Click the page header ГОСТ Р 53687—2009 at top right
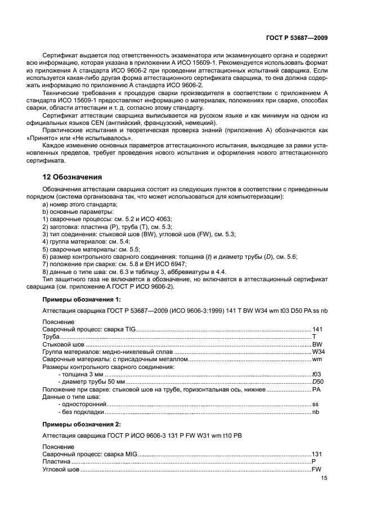[x=298, y=37]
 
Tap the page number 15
[x=324, y=478]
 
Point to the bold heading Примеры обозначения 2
[x=81, y=424]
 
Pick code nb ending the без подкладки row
[x=316, y=412]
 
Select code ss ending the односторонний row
[x=316, y=404]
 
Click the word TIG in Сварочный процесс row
[x=131, y=329]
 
